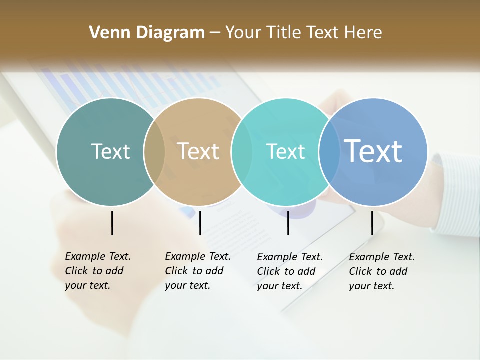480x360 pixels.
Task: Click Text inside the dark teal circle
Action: point(110,151)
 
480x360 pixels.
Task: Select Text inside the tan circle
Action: point(198,151)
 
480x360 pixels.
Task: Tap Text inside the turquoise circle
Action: point(285,151)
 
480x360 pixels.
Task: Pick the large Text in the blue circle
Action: point(373,151)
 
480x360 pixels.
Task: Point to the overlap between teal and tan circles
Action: point(154,152)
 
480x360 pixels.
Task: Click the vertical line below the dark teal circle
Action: point(112,223)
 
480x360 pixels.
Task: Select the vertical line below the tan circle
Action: point(200,223)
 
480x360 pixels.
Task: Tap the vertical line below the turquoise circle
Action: point(288,223)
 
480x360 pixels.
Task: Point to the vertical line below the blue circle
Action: point(372,223)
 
